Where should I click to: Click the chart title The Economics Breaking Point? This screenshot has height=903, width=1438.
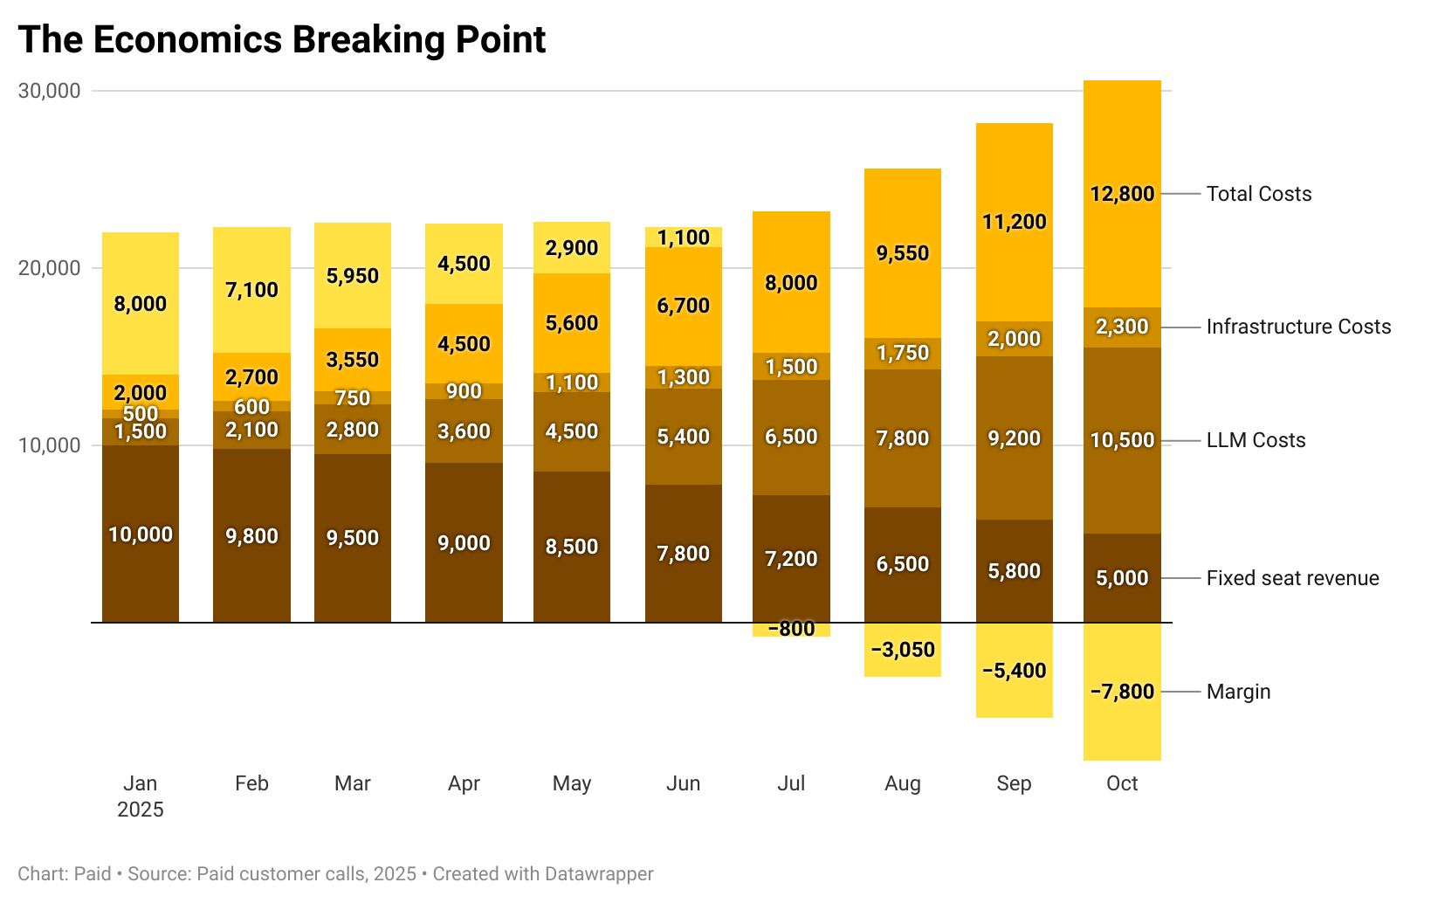click(x=281, y=40)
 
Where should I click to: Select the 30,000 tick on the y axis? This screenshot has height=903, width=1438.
click(x=49, y=91)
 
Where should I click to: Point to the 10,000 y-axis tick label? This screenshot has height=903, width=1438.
click(x=49, y=445)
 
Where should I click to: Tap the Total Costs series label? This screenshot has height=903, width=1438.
click(x=1258, y=194)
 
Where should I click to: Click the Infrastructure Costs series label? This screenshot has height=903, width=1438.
click(x=1298, y=327)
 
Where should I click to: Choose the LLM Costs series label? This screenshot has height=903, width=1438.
click(x=1256, y=440)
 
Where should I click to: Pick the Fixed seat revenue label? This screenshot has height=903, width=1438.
click(x=1292, y=578)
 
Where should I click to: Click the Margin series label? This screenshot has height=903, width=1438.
click(x=1238, y=692)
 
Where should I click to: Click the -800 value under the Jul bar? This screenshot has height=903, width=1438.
click(x=791, y=629)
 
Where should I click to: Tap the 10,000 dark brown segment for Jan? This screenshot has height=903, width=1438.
click(x=141, y=534)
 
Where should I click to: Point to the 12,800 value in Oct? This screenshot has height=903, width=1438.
click(x=1122, y=194)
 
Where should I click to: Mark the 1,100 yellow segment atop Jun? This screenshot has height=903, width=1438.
click(x=683, y=238)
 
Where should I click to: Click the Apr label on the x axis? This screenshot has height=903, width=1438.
click(x=464, y=783)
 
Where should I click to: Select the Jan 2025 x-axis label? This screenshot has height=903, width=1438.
click(x=141, y=796)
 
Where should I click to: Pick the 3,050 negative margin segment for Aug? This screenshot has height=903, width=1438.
click(x=902, y=650)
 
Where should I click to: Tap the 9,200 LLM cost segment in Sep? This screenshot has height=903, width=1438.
click(x=1014, y=438)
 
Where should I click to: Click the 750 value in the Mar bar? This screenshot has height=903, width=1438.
click(x=353, y=398)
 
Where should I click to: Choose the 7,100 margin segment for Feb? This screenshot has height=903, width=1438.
click(x=251, y=290)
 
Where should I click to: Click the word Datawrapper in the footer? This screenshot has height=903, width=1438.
click(x=598, y=874)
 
